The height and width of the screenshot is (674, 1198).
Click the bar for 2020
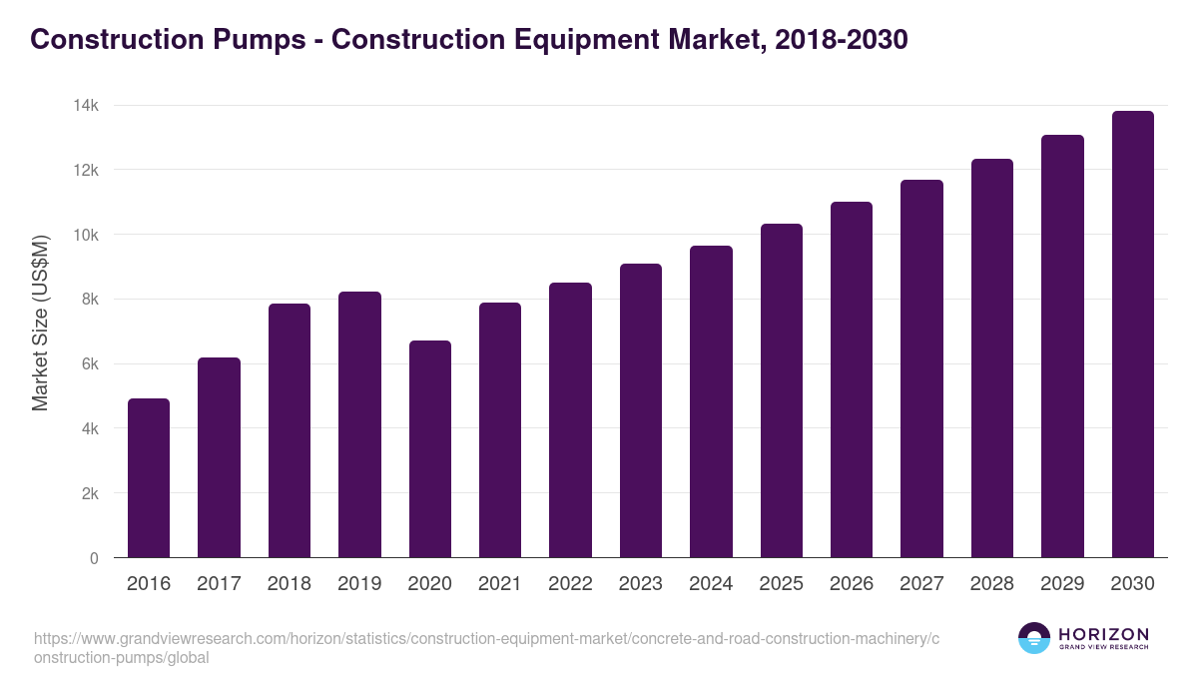point(429,448)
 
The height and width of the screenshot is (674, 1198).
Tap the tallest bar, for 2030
point(1132,334)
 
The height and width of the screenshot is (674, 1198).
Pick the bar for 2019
point(359,424)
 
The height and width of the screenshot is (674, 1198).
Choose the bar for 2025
point(781,390)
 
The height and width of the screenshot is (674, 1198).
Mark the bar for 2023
point(641,410)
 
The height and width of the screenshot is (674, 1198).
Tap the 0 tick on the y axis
point(94,558)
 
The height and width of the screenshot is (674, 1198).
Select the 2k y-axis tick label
point(88,493)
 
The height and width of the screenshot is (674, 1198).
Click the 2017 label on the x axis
point(219,584)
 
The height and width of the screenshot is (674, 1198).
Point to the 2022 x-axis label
point(570,584)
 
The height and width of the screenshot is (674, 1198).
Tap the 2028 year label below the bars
point(991,584)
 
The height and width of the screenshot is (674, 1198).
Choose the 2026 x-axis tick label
point(852,584)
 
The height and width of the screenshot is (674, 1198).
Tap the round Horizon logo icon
point(1034,638)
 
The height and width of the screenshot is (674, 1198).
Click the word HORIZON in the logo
point(1103,634)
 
